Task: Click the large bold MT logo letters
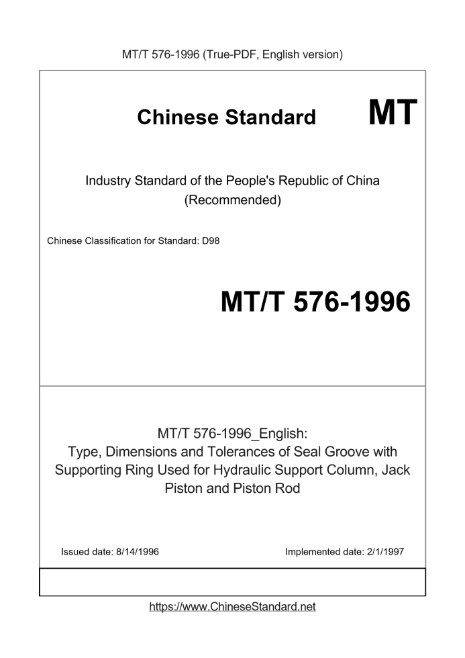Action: point(393,112)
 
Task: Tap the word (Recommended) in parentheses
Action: point(232,200)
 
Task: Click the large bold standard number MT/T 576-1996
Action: point(315,303)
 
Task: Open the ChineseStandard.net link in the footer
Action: point(232,607)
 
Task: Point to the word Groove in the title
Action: point(351,451)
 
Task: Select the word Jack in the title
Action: point(396,469)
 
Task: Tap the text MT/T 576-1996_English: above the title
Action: point(232,433)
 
